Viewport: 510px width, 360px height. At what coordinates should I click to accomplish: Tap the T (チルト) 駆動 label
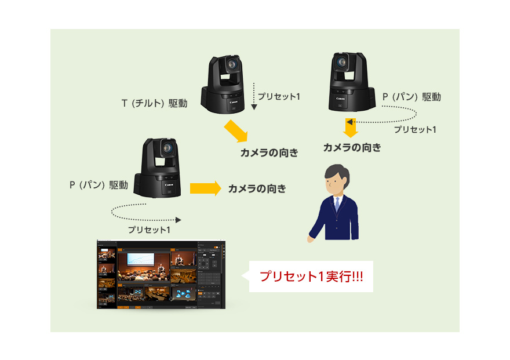[154, 104]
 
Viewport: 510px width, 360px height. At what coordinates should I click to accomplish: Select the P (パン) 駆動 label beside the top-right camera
[411, 97]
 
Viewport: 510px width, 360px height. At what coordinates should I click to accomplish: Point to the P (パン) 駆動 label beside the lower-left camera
[99, 186]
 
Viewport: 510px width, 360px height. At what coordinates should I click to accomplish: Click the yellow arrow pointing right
[206, 188]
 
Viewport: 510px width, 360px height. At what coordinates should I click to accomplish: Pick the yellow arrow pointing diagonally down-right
[236, 130]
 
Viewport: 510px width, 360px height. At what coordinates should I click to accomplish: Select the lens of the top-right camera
[341, 60]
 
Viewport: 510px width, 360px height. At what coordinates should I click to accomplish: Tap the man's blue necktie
[336, 205]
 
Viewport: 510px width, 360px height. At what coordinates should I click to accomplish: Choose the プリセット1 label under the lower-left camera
[149, 230]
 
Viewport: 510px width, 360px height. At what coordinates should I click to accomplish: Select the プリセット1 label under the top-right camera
[415, 130]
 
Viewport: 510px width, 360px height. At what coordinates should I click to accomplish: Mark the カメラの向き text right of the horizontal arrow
[257, 188]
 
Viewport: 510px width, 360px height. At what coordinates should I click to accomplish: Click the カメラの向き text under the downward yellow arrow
[352, 148]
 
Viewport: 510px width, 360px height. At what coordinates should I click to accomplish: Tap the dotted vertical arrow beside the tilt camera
[254, 96]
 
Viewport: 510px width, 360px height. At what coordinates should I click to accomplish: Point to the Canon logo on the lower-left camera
[169, 184]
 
